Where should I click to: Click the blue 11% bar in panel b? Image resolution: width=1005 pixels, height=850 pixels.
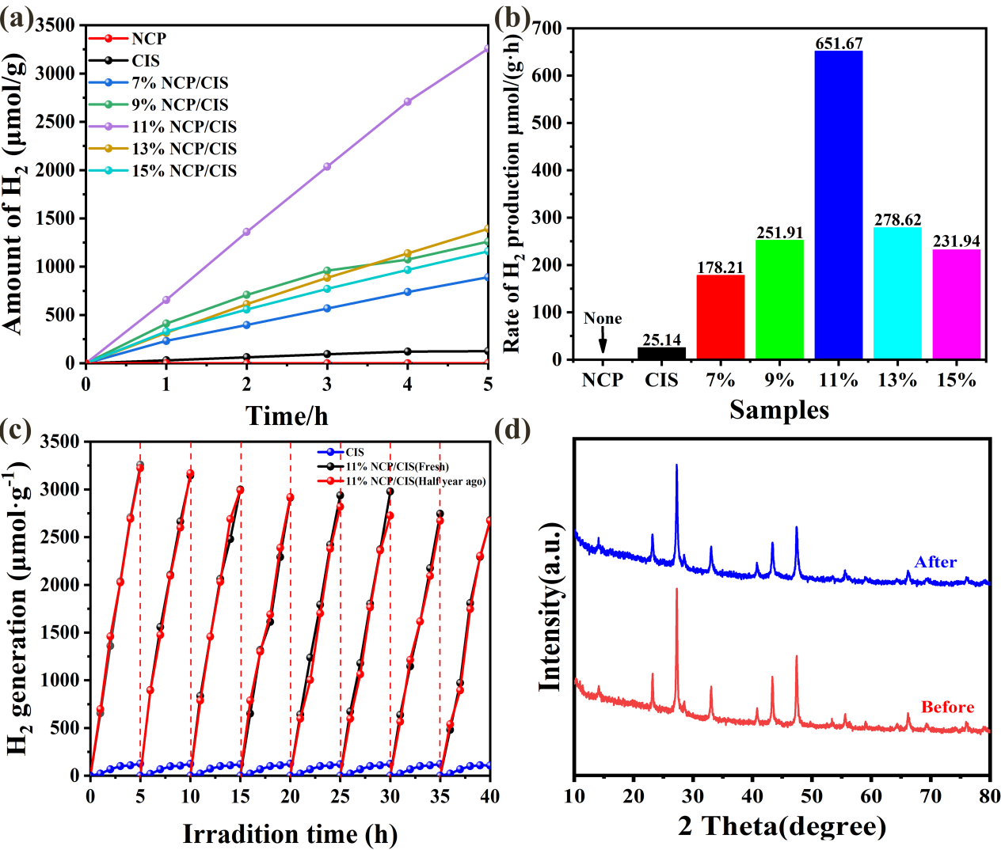pyautogui.click(x=838, y=205)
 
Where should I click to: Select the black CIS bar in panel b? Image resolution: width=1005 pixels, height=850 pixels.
pyautogui.click(x=661, y=353)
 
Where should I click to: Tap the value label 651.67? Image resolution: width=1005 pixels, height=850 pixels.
pyautogui.click(x=839, y=44)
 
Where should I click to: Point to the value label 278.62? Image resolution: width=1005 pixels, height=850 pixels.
pyautogui.click(x=897, y=220)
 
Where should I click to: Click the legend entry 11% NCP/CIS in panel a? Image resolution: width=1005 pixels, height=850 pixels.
pyautogui.click(x=184, y=127)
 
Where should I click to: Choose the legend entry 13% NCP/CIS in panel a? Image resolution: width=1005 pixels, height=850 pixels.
pyautogui.click(x=184, y=149)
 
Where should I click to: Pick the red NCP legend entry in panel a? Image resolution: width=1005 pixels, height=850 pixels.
pyautogui.click(x=148, y=39)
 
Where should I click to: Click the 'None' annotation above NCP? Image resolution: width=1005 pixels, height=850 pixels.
pyautogui.click(x=603, y=318)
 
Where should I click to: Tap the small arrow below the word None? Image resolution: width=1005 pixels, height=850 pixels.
pyautogui.click(x=603, y=343)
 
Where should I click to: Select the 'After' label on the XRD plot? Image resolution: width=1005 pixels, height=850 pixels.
pyautogui.click(x=935, y=562)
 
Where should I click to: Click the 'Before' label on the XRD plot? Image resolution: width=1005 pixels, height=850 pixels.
pyautogui.click(x=947, y=707)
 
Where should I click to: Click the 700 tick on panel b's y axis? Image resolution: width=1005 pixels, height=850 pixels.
pyautogui.click(x=547, y=28)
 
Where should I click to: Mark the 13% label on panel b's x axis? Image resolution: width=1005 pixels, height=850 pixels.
pyautogui.click(x=897, y=381)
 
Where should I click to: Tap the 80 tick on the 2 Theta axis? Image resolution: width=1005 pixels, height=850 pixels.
pyautogui.click(x=989, y=795)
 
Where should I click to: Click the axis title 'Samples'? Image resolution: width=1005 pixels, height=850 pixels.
pyautogui.click(x=779, y=409)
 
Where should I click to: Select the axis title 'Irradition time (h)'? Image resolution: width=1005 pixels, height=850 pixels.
pyautogui.click(x=290, y=833)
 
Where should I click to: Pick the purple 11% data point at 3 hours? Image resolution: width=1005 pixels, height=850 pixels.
pyautogui.click(x=327, y=166)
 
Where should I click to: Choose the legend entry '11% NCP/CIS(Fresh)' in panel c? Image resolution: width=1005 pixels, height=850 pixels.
pyautogui.click(x=397, y=467)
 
